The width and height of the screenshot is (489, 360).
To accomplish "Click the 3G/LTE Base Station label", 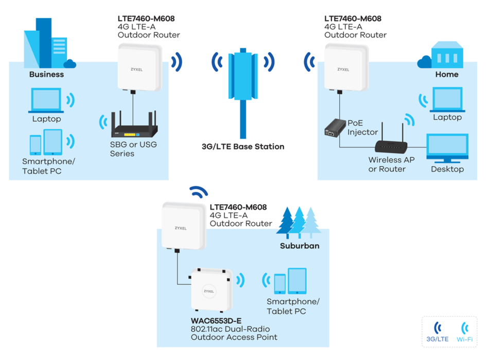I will [243, 147].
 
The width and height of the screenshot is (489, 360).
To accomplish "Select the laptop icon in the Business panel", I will [46, 100].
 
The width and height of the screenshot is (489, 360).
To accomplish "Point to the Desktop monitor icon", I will [447, 148].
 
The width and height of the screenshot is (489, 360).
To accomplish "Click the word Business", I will [46, 75].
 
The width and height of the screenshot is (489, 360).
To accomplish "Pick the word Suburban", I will [300, 246].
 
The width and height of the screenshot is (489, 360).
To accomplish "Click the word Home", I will [447, 75].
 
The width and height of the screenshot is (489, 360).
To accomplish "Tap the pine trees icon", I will [299, 222].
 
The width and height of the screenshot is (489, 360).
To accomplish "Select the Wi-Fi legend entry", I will [464, 332].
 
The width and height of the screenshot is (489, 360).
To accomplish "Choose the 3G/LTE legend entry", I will [438, 332].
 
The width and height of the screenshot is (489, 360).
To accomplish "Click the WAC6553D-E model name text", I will [216, 321].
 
